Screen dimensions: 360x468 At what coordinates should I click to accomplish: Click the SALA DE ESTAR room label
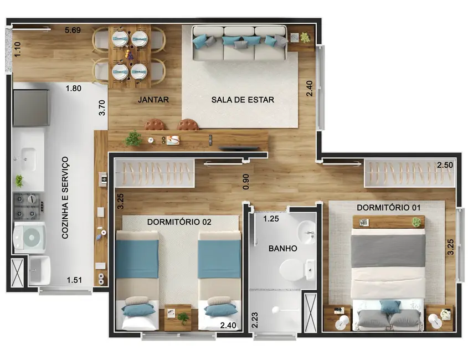[x=243, y=100]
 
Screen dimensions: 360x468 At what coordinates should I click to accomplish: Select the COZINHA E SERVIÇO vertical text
[x=65, y=197]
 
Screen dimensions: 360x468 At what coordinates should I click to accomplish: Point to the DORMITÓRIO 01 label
[x=389, y=208]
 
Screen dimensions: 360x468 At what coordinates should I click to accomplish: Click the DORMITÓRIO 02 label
[x=179, y=222]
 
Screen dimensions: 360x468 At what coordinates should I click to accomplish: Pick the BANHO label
[x=282, y=248]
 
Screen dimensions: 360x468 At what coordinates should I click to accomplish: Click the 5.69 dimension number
[x=72, y=30]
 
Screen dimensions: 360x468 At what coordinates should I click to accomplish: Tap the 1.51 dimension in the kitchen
[x=74, y=280]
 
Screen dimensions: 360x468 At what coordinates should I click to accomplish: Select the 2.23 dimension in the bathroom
[x=255, y=320]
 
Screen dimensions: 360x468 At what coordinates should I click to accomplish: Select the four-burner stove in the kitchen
[x=28, y=206]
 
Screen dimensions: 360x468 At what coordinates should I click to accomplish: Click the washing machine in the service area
[x=29, y=237]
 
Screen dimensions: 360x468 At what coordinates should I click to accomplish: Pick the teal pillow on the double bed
[x=390, y=306]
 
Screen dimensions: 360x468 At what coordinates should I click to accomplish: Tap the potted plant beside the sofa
[x=305, y=37]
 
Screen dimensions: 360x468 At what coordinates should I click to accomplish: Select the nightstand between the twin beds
[x=178, y=317]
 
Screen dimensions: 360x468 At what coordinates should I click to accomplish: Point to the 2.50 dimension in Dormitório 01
[x=445, y=166]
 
